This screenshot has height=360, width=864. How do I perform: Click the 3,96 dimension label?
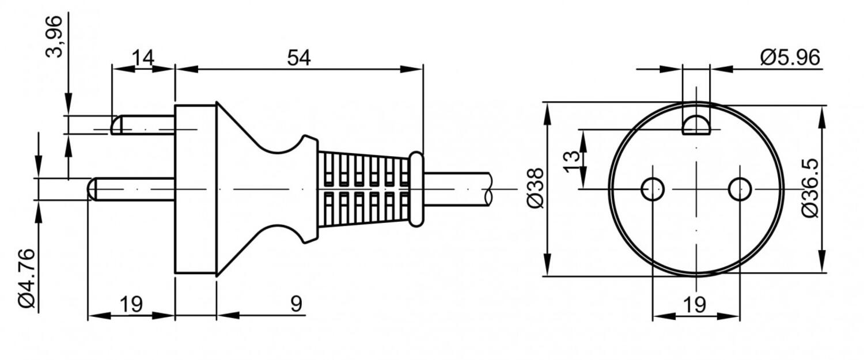click(54, 37)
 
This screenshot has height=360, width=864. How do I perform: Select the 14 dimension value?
click(143, 58)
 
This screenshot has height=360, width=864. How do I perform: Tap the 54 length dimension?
click(298, 58)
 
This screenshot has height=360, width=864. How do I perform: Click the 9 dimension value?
click(296, 304)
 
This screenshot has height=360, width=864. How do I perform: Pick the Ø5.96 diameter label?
click(790, 58)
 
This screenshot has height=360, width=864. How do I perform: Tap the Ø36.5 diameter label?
click(810, 188)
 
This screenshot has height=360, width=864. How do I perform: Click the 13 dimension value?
click(571, 162)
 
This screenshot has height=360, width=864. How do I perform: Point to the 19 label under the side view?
click(131, 304)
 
